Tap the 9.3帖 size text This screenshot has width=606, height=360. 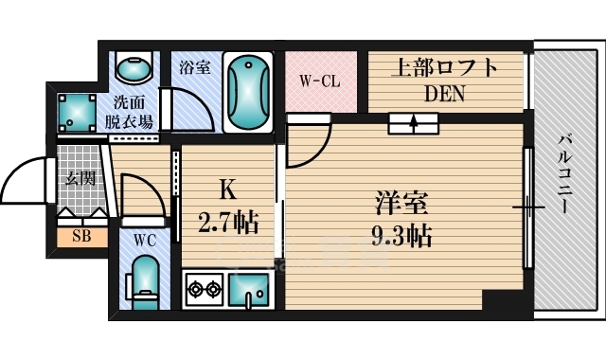pos(401,234)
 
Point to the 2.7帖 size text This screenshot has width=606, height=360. pos(228,225)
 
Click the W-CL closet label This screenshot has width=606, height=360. pos(320,81)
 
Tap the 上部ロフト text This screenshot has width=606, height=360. pos(443,68)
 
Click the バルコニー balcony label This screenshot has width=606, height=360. pos(565,175)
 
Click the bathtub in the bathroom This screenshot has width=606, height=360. pos(248,91)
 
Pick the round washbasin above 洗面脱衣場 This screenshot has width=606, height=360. pos(132,68)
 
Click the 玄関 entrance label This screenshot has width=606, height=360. pos(78,177)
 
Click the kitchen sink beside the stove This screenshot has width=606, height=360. pos(250,288)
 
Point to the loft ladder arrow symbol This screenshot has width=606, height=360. pos(412,122)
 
